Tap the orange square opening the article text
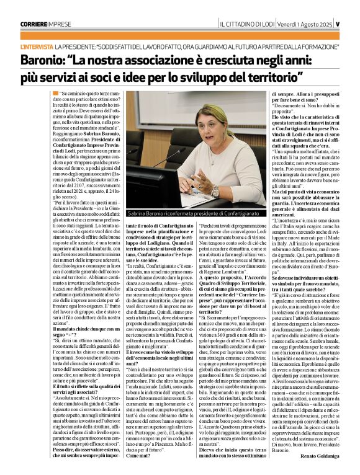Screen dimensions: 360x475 coord(55,92)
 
